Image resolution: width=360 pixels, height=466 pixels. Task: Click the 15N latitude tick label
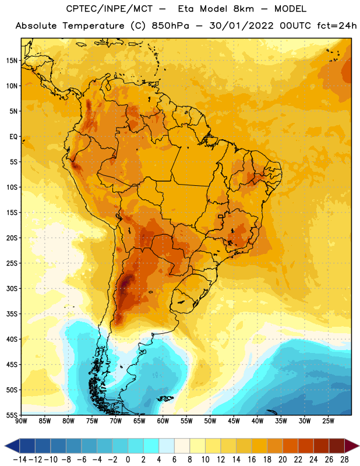coord(12,61)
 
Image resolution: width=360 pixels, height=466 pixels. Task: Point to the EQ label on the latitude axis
coord(13,137)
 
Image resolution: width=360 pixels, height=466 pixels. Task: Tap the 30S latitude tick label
coord(12,288)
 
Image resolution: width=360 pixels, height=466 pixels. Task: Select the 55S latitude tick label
coord(12,415)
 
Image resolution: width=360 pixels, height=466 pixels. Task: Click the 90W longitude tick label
coord(21,421)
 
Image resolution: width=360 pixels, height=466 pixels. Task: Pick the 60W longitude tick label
coord(163,421)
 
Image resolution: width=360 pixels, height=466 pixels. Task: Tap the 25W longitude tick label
coord(328,421)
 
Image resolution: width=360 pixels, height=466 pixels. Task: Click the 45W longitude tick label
coord(234,421)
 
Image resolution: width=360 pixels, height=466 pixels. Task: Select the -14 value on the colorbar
coord(20,460)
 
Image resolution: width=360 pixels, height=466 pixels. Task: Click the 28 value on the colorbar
coord(344,460)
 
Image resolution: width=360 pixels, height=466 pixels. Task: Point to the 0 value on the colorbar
coord(128,460)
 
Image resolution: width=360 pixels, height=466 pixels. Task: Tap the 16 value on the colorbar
coord(252,460)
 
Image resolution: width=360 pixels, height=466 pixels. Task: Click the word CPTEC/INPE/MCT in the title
coord(110,9)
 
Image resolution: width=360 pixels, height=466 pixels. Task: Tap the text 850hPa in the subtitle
coord(170,26)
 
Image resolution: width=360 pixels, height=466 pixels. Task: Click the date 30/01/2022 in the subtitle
coord(241,26)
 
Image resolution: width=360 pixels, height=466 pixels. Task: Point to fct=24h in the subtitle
coord(337,26)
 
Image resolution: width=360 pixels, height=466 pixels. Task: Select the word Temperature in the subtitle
coord(93,26)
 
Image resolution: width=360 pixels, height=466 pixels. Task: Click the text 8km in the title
coord(243,9)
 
